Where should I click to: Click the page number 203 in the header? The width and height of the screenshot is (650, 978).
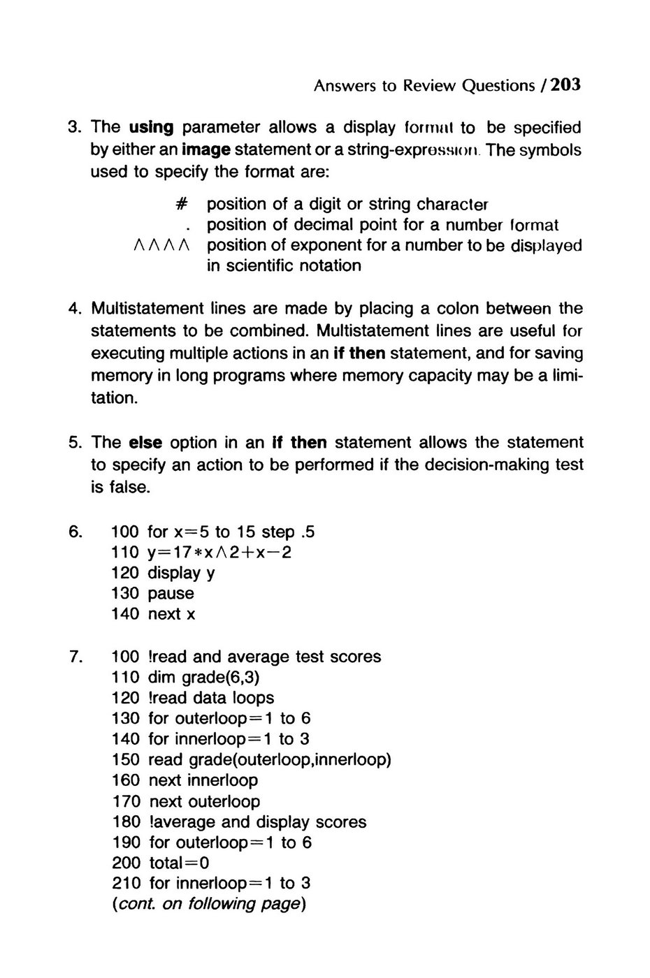click(x=565, y=85)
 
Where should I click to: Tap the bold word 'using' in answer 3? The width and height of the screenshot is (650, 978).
click(x=151, y=127)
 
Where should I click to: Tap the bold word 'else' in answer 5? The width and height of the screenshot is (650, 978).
click(x=146, y=442)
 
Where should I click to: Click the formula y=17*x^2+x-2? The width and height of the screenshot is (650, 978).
click(x=219, y=553)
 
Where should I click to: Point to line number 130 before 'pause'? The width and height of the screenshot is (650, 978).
click(x=125, y=593)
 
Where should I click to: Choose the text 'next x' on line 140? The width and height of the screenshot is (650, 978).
click(x=172, y=614)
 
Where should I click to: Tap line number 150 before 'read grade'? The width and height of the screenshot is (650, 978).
click(x=126, y=759)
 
